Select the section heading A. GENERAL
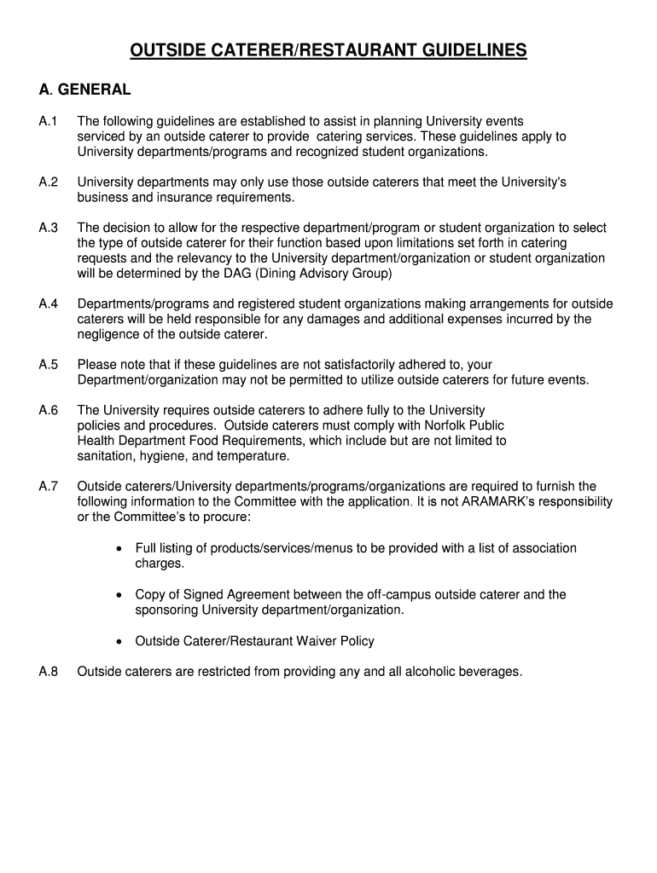point(84,90)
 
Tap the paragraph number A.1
point(49,121)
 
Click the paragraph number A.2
point(49,182)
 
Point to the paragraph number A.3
point(49,228)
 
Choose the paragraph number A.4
point(49,304)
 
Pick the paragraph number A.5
point(49,365)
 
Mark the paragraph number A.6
point(49,410)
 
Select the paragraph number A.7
point(49,487)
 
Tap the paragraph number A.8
point(49,672)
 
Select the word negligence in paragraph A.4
point(109,334)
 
